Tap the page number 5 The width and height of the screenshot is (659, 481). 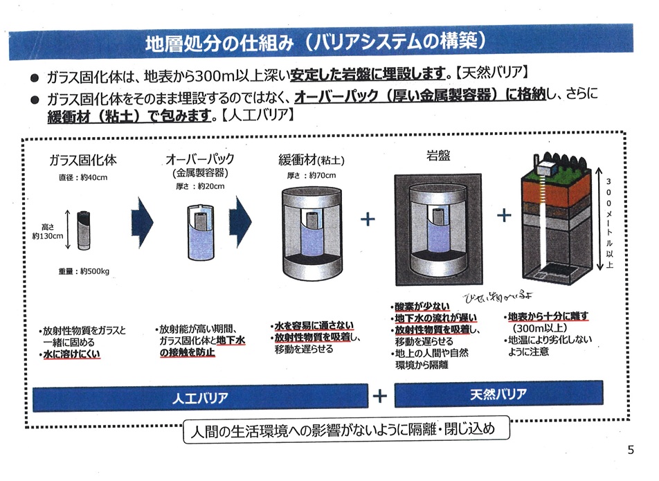click(x=630, y=450)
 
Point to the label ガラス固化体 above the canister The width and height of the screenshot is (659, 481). click(x=82, y=160)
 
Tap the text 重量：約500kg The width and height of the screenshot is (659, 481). click(x=84, y=271)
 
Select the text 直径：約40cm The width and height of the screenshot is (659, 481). click(x=83, y=177)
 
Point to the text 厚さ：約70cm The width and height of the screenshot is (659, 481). click(x=312, y=175)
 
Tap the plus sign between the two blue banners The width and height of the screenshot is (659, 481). click(x=379, y=396)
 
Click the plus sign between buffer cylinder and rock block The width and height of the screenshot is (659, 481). click(x=368, y=219)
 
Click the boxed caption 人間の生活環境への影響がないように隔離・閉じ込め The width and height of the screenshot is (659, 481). click(x=343, y=429)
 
